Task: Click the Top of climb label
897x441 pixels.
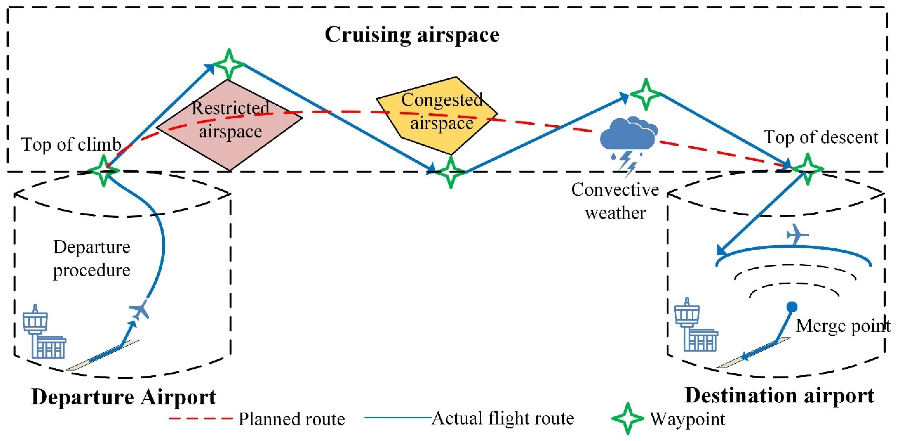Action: click(71, 144)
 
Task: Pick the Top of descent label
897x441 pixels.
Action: click(821, 137)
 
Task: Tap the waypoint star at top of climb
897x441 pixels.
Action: click(103, 171)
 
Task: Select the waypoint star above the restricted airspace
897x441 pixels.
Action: click(229, 65)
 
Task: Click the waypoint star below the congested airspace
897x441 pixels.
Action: click(450, 172)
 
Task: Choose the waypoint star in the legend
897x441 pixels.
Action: click(628, 418)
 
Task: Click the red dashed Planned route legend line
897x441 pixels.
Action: click(201, 418)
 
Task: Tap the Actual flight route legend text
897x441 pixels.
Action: click(503, 418)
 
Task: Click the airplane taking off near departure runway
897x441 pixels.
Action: click(140, 310)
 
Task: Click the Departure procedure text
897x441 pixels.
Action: click(92, 258)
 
